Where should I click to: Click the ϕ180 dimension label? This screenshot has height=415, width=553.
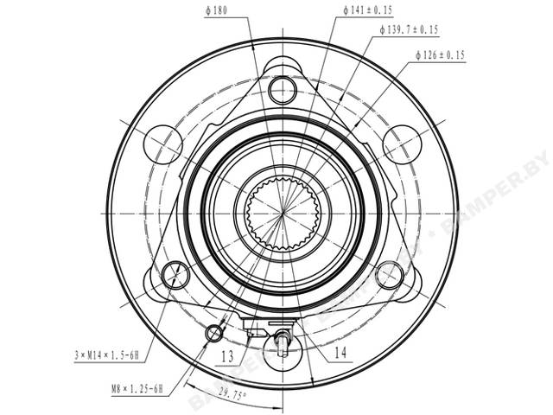click(x=216, y=10)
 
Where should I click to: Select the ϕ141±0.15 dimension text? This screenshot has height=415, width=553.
click(x=368, y=10)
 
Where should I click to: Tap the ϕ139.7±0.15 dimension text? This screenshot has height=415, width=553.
click(x=409, y=29)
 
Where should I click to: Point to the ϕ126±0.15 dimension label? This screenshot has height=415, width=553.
click(x=440, y=55)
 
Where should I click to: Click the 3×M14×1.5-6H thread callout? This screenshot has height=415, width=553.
click(x=106, y=355)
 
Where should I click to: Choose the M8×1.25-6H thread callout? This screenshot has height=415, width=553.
click(x=137, y=389)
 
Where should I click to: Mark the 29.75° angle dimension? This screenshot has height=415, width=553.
click(x=232, y=393)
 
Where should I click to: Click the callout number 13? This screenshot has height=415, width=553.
click(x=227, y=357)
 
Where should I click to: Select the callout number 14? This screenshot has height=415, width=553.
click(x=340, y=353)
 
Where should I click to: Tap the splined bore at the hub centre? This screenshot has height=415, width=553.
click(x=283, y=214)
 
